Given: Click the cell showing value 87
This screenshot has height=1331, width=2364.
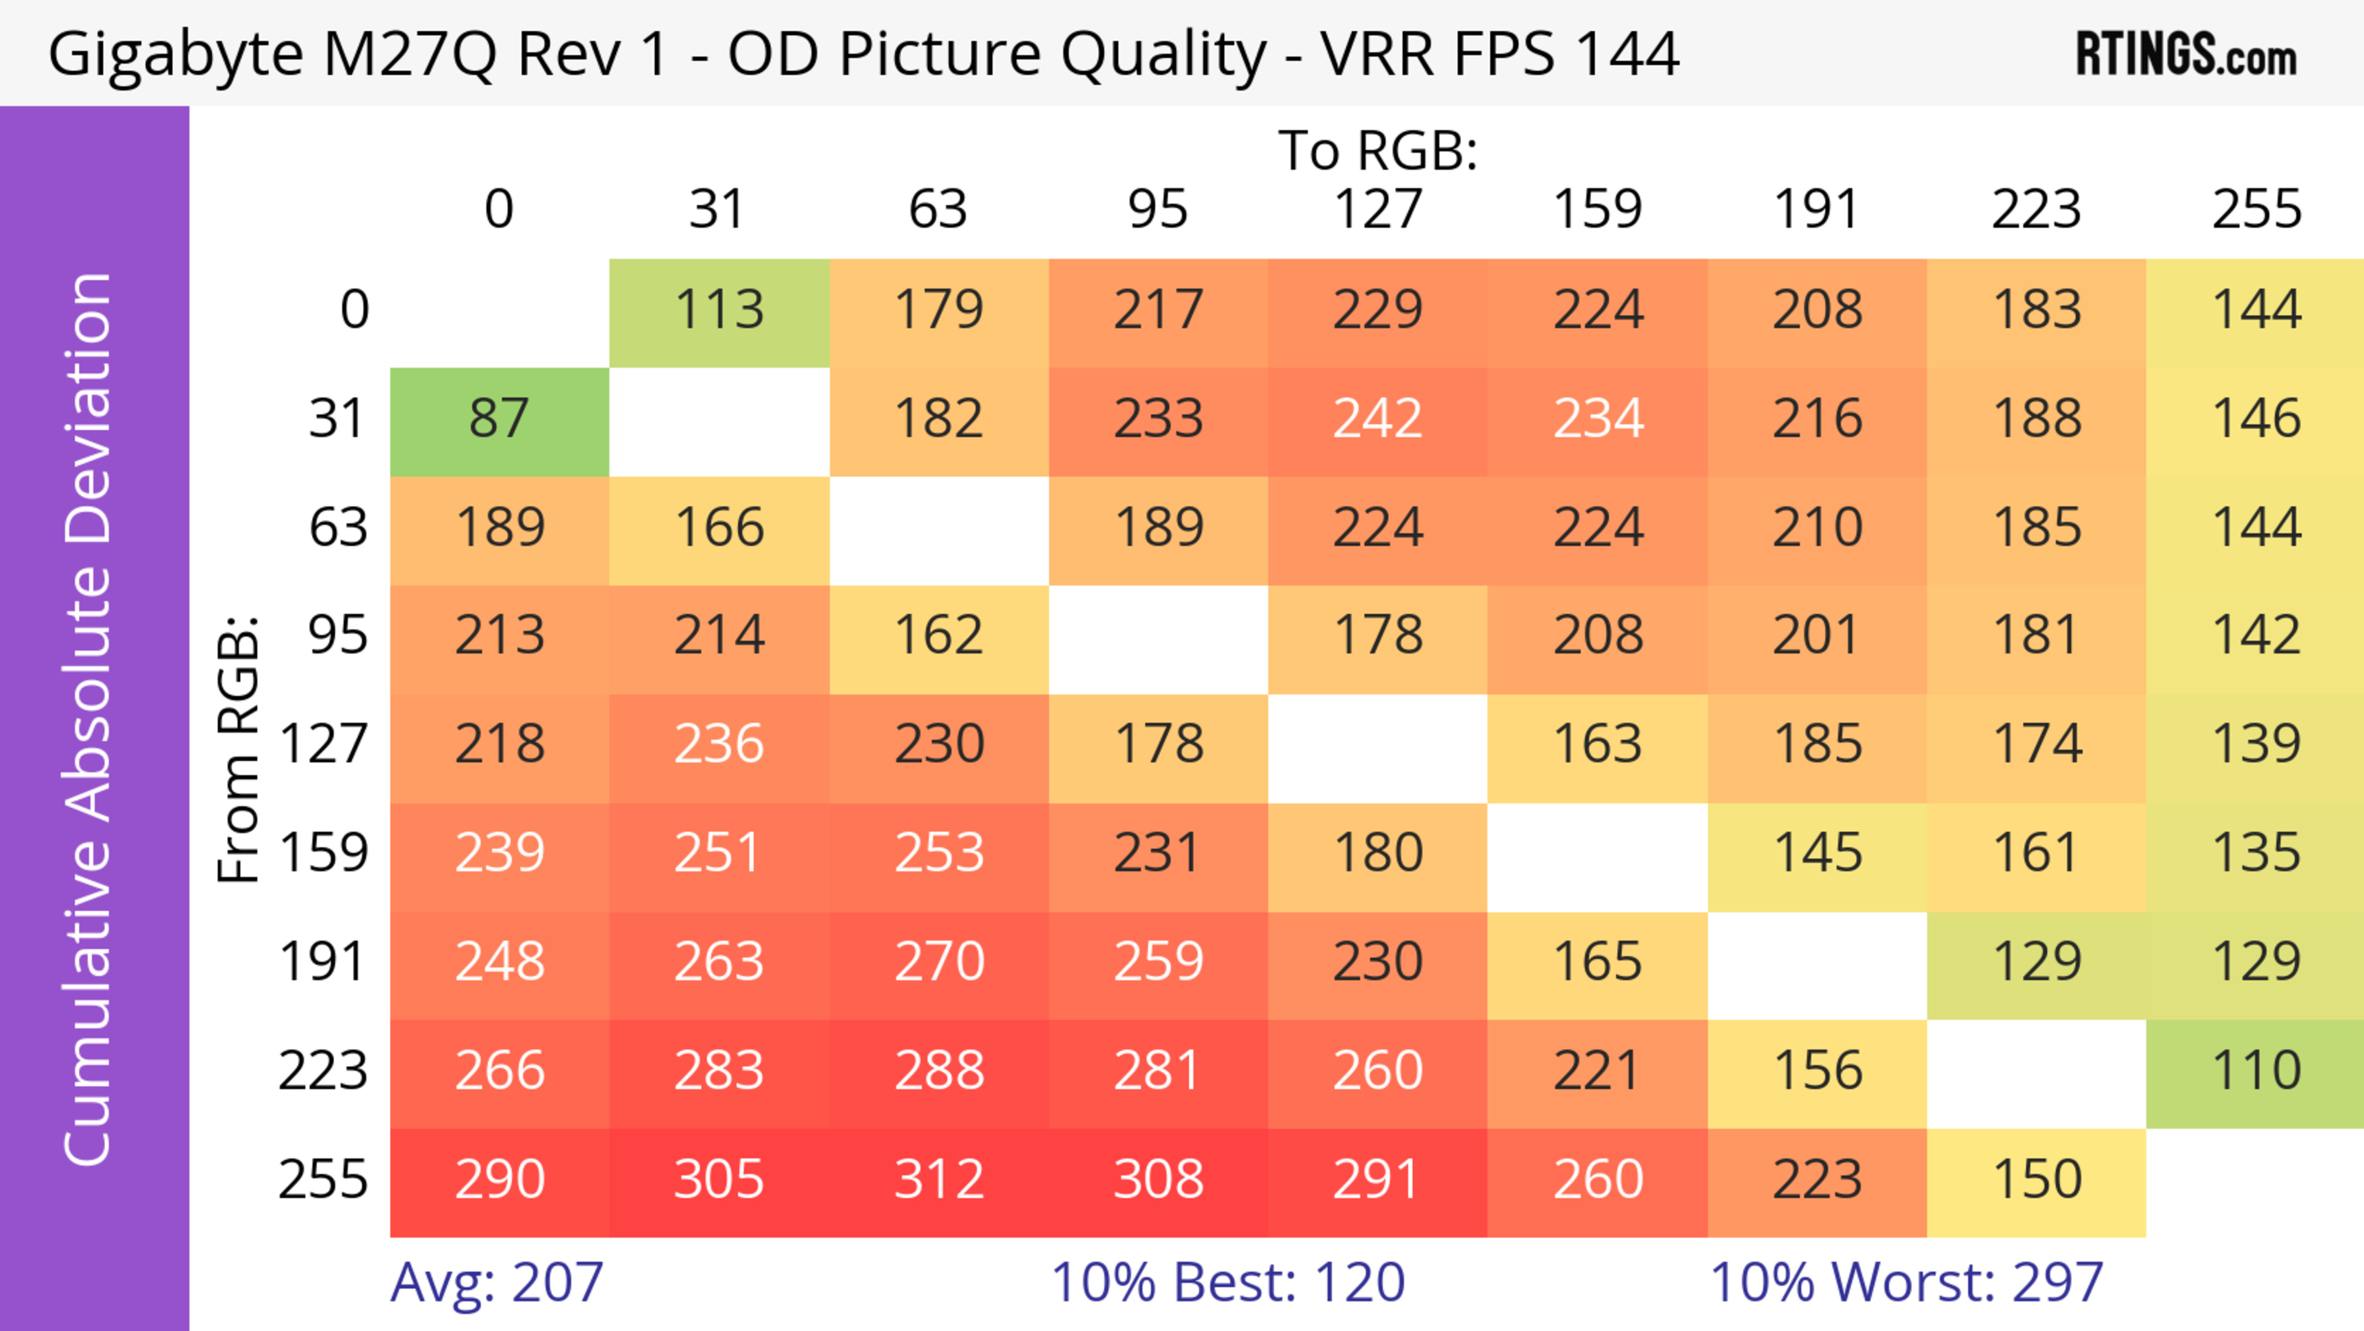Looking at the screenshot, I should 499,419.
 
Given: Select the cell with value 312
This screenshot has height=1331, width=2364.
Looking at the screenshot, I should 939,1179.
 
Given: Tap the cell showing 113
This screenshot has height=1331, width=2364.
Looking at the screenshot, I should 720,310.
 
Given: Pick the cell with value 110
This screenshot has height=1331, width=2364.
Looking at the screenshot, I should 2256,1071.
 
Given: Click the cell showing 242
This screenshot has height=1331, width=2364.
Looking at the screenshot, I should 1378,419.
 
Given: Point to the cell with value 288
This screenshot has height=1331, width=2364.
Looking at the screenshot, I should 939,1071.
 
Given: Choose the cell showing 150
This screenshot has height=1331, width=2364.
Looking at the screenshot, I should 2036,1179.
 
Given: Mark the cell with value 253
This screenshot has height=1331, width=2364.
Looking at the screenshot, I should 939,854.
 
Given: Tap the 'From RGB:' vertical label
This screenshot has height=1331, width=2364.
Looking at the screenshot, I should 239,748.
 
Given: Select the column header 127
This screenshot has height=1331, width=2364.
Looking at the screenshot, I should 1378,209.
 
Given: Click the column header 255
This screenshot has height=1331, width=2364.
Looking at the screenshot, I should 2256,209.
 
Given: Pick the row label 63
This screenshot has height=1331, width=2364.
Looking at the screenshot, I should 338,528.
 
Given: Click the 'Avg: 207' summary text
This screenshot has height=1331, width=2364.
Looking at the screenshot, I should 496,1282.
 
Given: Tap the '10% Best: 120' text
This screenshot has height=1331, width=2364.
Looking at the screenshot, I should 1228,1282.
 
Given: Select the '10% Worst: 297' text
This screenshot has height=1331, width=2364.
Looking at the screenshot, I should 1906,1282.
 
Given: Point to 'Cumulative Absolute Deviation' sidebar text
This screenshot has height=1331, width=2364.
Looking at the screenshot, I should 89,719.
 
